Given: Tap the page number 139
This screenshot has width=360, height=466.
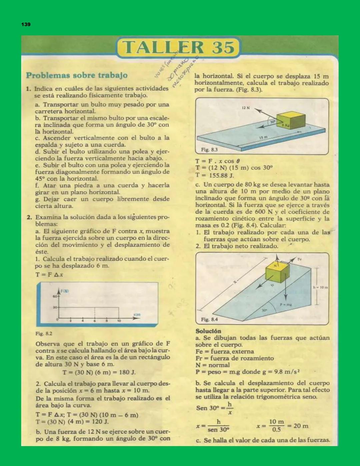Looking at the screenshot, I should click(26, 24).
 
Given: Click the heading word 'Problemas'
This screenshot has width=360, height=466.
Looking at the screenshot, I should click(48, 75).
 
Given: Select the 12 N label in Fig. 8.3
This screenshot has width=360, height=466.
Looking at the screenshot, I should click(246, 108).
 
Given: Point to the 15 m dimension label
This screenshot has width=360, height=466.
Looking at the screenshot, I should click(263, 137).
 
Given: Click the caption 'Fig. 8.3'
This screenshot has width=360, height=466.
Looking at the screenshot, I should click(209, 150).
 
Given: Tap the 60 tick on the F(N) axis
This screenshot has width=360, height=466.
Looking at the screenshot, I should click(55, 296).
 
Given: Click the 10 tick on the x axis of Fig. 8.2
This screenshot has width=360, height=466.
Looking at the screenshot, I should click(119, 321).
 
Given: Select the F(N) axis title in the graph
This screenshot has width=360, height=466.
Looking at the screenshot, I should click(65, 291).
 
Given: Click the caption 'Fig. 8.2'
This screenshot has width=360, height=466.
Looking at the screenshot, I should click(44, 333).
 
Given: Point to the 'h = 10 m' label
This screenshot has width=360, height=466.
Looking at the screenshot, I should click(320, 287).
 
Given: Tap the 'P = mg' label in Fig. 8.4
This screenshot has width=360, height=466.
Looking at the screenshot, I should click(286, 305).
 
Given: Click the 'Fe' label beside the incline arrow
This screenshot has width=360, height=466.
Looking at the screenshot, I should click(299, 259).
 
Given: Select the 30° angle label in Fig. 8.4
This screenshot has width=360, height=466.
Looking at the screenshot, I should click(264, 310).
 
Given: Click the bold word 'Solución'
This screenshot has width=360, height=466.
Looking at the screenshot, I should click(208, 331).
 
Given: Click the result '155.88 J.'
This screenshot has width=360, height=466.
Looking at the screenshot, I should click(221, 175).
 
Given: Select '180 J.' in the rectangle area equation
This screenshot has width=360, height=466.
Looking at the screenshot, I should click(126, 372).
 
